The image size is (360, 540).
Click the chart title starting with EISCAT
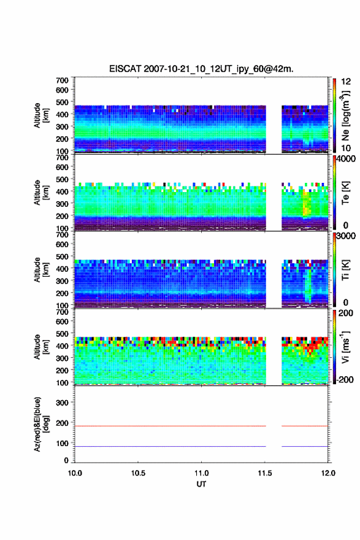point(201,69)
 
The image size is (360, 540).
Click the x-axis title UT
point(201,484)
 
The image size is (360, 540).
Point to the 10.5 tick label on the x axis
point(138,473)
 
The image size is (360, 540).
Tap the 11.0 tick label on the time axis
point(201,473)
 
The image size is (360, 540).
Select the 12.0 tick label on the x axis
point(328,473)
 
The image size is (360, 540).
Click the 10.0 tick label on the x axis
point(75,473)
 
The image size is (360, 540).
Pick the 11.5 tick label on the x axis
point(265,473)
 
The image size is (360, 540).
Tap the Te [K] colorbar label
point(345,193)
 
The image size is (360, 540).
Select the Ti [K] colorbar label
point(345,269)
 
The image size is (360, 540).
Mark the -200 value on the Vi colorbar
point(343,379)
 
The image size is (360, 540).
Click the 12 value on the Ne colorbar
point(346,82)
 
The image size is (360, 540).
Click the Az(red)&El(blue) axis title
point(41,424)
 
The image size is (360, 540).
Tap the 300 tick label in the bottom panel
point(63,403)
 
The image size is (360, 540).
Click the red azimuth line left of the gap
point(170,426)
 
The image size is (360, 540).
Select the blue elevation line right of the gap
point(305,446)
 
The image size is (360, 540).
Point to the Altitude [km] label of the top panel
point(41,115)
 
